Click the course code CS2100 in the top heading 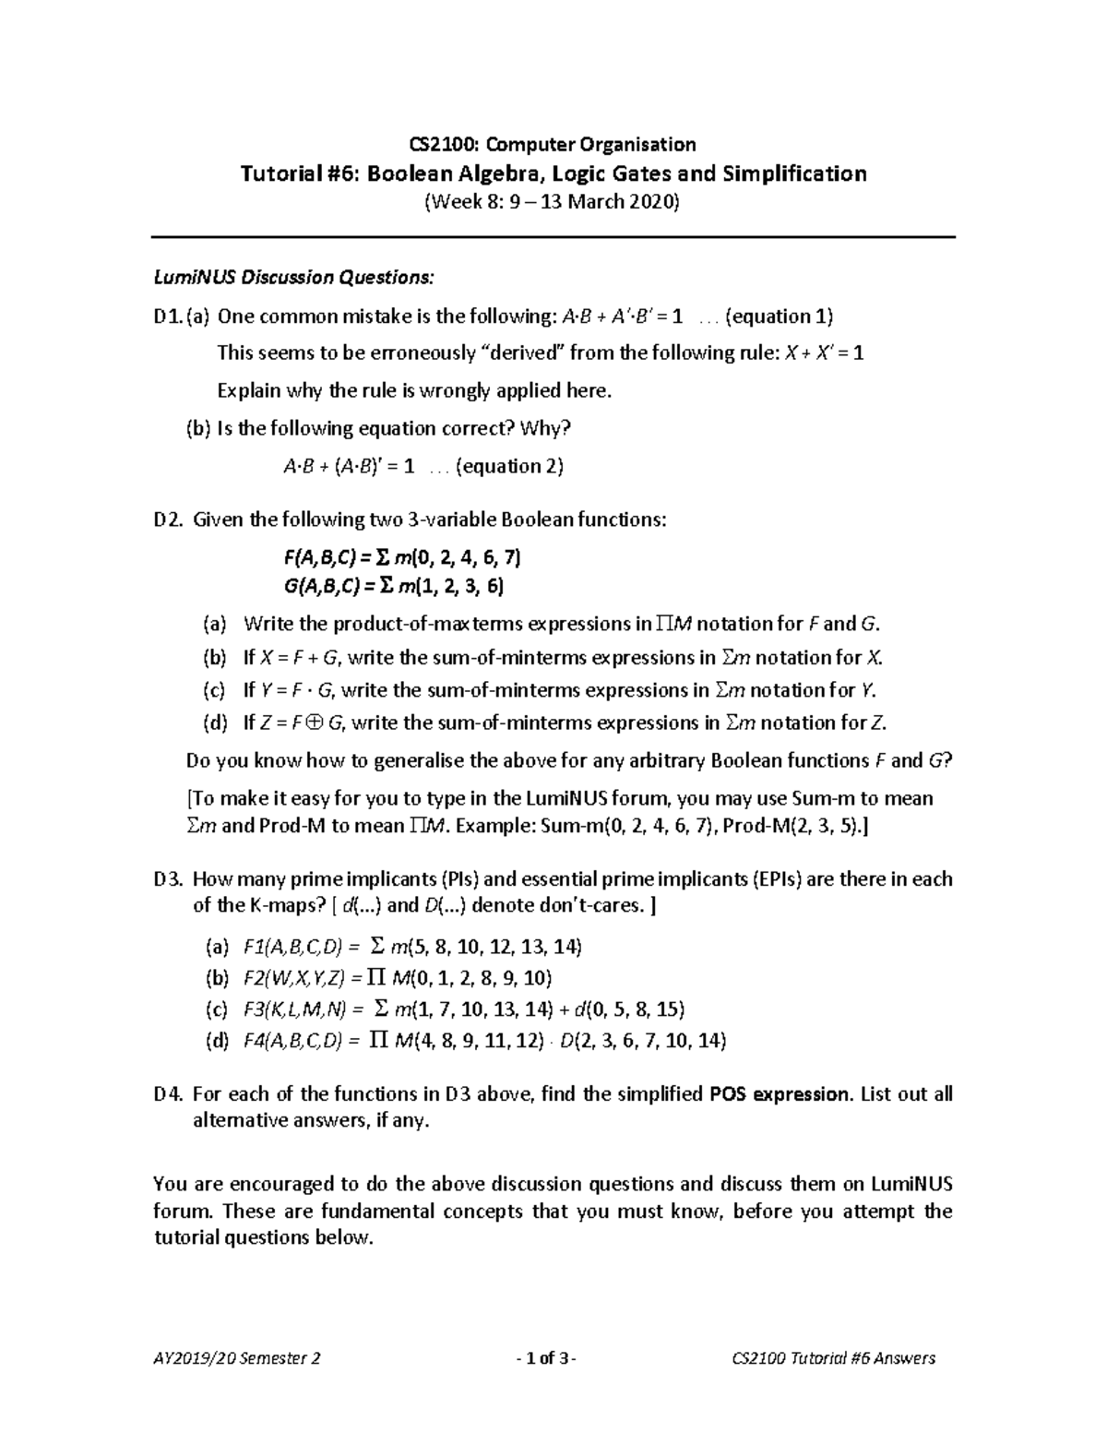(441, 144)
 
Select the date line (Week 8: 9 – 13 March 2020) (552, 202)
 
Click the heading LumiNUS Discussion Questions (292, 277)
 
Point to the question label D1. (167, 316)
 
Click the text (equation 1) (780, 316)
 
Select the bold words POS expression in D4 (780, 1094)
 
